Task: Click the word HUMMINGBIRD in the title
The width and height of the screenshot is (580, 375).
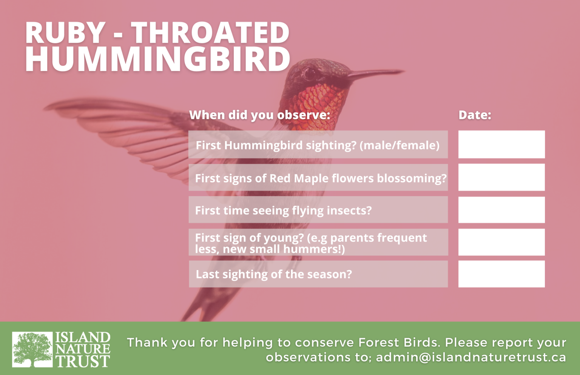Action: click(157, 59)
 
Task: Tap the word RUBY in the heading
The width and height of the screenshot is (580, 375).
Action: click(65, 32)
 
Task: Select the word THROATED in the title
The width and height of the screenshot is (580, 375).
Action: click(211, 32)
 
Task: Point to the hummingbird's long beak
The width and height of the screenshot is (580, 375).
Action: click(375, 74)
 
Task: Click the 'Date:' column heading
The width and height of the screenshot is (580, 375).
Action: click(475, 115)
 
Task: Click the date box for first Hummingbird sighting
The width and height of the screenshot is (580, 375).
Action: click(501, 144)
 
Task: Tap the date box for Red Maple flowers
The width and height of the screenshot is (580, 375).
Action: click(501, 177)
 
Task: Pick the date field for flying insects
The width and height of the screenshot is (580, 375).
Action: click(501, 210)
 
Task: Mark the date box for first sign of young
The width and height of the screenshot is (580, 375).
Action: click(501, 242)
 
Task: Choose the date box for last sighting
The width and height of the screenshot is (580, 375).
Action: click(501, 274)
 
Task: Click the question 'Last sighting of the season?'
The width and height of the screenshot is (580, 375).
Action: click(274, 274)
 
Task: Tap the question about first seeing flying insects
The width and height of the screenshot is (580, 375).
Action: click(283, 211)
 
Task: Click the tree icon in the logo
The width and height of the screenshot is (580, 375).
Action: click(32, 349)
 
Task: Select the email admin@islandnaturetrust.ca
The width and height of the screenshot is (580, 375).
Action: click(471, 358)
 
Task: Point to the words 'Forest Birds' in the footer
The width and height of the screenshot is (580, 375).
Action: click(398, 343)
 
